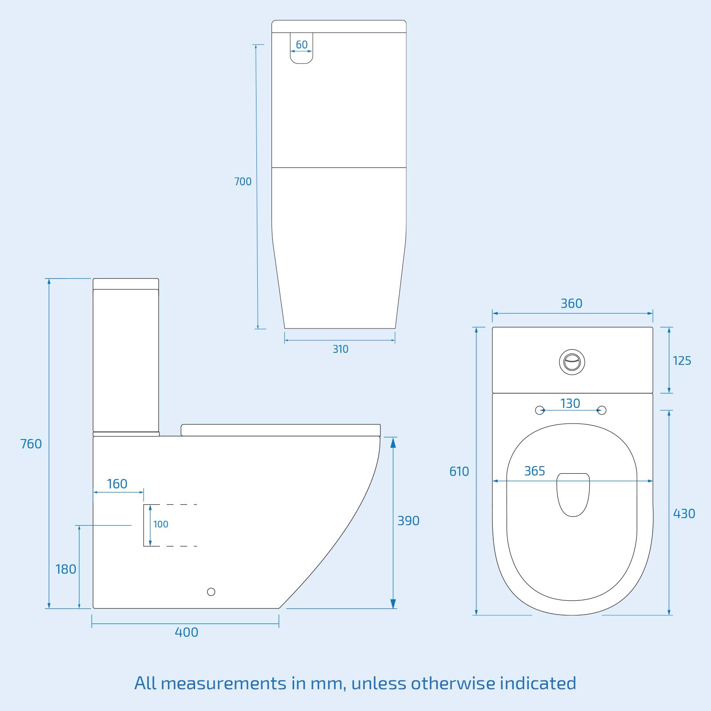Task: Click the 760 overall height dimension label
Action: pyautogui.click(x=31, y=444)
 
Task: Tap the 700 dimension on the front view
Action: pyautogui.click(x=243, y=181)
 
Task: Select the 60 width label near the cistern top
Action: pyautogui.click(x=302, y=45)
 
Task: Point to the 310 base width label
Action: pyautogui.click(x=340, y=349)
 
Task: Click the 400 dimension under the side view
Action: pyautogui.click(x=186, y=632)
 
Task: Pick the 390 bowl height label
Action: pyautogui.click(x=408, y=521)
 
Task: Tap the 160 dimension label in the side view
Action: pyautogui.click(x=117, y=484)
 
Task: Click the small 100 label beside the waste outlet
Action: pyautogui.click(x=161, y=524)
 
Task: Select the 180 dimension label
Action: pyautogui.click(x=66, y=569)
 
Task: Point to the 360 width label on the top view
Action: pyautogui.click(x=571, y=304)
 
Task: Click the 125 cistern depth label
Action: pyautogui.click(x=682, y=361)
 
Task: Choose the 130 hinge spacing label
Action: pyautogui.click(x=570, y=403)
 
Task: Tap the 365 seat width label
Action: pyautogui.click(x=535, y=471)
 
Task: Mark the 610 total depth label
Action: pyautogui.click(x=459, y=471)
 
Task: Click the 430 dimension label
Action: pyautogui.click(x=684, y=514)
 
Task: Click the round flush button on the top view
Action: pyautogui.click(x=572, y=362)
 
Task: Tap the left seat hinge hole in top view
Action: pyautogui.click(x=539, y=410)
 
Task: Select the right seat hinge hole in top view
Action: pyautogui.click(x=602, y=410)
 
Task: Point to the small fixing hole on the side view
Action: pyautogui.click(x=211, y=592)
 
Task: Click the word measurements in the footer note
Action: pyautogui.click(x=224, y=683)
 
